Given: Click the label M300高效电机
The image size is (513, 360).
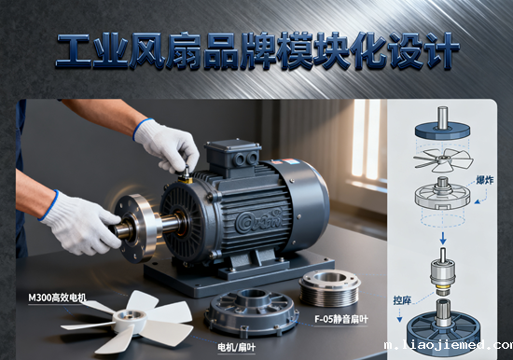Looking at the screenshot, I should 57,298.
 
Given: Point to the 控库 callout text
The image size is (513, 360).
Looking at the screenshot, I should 402,302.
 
